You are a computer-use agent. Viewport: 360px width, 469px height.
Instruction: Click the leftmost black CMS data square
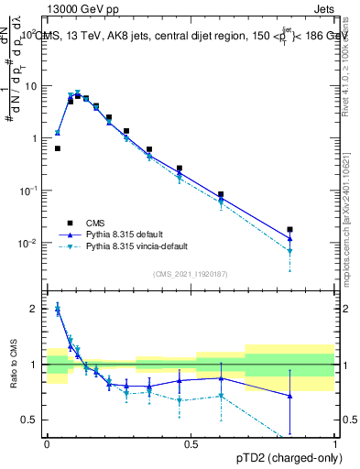(57, 148)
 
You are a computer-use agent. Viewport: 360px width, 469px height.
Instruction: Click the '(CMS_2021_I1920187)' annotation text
(190, 274)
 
